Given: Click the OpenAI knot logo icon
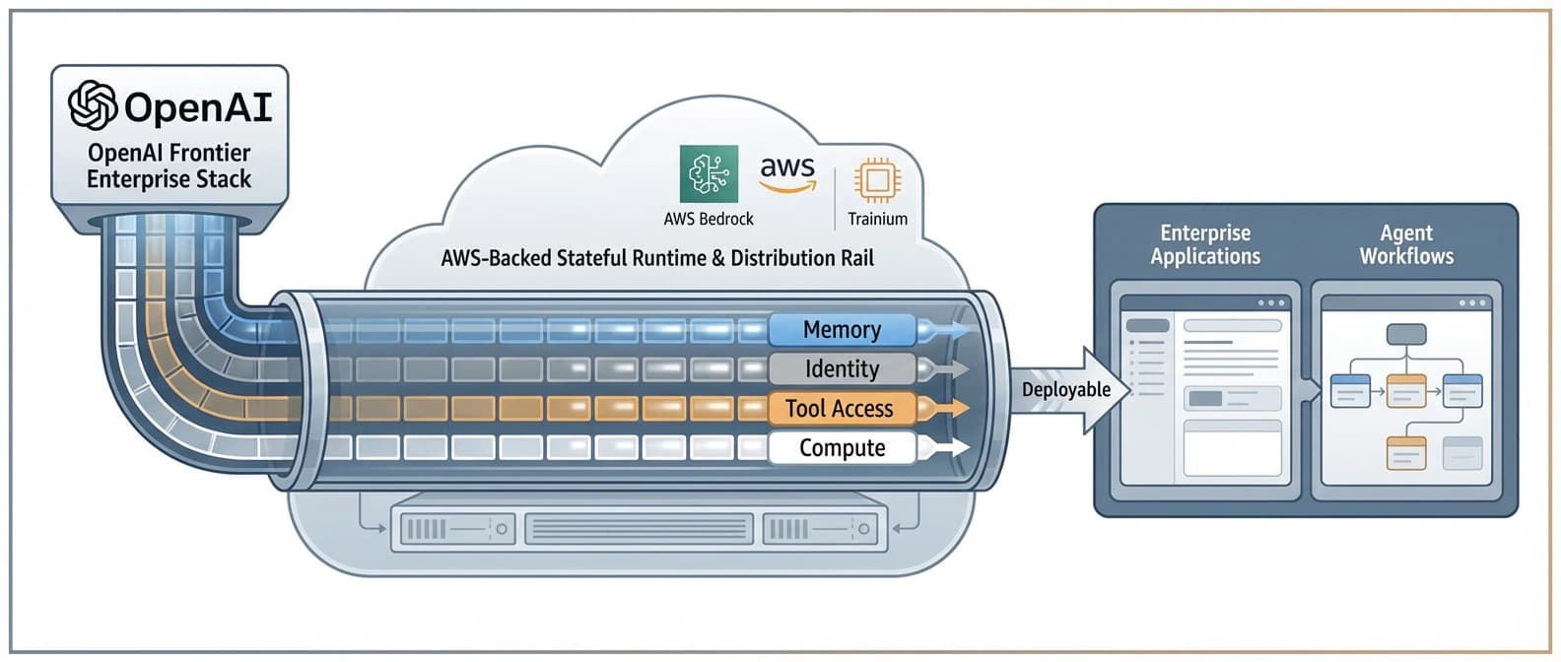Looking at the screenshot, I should coord(93,104).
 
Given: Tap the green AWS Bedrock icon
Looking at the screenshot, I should coord(709,174).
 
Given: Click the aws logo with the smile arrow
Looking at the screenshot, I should coord(787,174).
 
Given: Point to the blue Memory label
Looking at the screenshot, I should coord(842,329).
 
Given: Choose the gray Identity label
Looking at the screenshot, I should coord(842,368).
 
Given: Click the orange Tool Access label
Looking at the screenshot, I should coord(840,408).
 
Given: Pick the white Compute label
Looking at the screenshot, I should coord(842,447).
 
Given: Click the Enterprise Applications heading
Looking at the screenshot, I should coord(1204,244).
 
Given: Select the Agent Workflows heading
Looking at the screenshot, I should coord(1406,244).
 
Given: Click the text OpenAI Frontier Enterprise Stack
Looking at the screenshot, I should coord(169,165).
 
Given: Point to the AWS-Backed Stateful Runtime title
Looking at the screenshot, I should coord(657,258).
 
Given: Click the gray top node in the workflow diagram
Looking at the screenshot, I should coord(1406,334).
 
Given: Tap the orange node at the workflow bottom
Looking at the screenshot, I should coord(1406,452).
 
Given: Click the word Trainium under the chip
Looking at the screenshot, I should coord(877,219).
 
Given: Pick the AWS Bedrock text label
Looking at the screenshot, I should coord(709,219).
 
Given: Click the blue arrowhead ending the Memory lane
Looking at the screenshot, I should coord(955,329).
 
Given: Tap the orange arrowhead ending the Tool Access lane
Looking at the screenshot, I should coord(955,408).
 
